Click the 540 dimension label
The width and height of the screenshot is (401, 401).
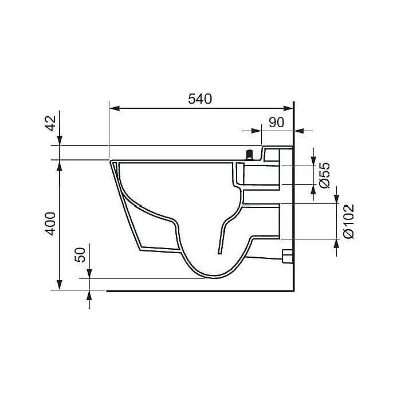[200, 99]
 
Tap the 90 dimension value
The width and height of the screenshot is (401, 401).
[277, 123]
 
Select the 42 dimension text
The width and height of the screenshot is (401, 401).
[50, 123]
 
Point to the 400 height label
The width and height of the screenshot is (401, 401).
[50, 223]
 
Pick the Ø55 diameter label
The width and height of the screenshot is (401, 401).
[325, 175]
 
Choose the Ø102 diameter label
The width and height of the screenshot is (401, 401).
[348, 222]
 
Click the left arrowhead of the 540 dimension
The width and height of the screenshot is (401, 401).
[115, 108]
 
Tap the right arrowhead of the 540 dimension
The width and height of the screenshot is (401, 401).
[288, 108]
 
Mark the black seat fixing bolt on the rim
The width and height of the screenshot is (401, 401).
[249, 155]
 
